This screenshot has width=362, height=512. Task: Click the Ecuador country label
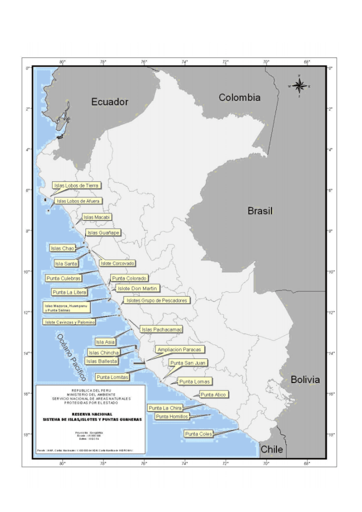(109, 102)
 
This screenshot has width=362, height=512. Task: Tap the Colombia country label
(239, 97)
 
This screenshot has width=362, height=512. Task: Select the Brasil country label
(260, 211)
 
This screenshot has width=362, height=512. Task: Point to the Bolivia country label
(305, 379)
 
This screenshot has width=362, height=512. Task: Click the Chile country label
(272, 449)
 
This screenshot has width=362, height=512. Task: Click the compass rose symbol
(299, 86)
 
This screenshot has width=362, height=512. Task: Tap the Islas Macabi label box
(97, 217)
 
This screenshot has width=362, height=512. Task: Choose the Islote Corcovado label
(117, 263)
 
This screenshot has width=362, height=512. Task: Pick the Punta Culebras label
(63, 278)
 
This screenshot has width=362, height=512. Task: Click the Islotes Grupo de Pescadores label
(156, 300)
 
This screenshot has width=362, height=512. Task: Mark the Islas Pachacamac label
(161, 329)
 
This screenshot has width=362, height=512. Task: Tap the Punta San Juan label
(187, 362)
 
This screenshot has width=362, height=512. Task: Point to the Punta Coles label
(198, 433)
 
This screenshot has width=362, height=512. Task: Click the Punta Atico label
(213, 394)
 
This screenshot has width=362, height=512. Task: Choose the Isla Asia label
(105, 342)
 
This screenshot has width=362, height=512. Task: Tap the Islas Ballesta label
(102, 361)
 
